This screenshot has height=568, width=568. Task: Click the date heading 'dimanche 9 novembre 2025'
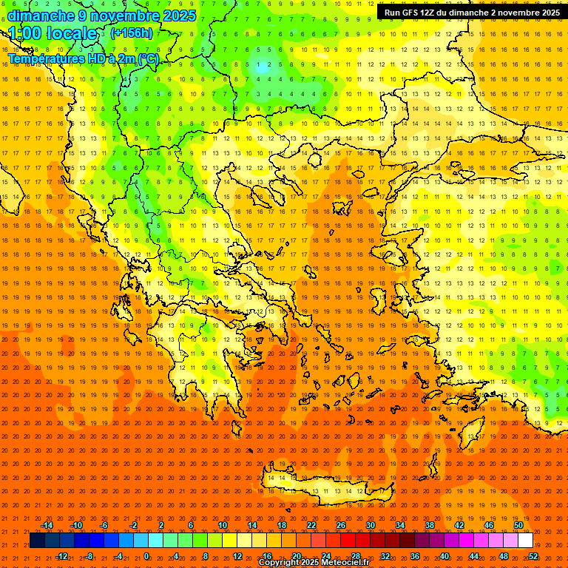pyautogui.click(x=101, y=16)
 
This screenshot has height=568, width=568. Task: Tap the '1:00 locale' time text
pyautogui.click(x=53, y=33)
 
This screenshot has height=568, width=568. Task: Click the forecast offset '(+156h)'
pyautogui.click(x=132, y=33)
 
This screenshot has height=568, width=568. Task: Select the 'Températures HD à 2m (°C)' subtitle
pyautogui.click(x=83, y=58)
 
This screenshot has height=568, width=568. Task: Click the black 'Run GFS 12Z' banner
pyautogui.click(x=471, y=13)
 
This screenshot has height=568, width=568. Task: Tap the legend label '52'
pyautogui.click(x=533, y=556)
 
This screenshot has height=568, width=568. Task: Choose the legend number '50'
pyautogui.click(x=518, y=525)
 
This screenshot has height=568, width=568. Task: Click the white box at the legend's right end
pyautogui.click(x=525, y=541)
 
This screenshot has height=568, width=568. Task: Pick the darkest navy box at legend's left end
pyautogui.click(x=37, y=541)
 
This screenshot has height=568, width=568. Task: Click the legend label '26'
pyautogui.click(x=341, y=525)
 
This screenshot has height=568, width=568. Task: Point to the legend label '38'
pyautogui.click(x=430, y=525)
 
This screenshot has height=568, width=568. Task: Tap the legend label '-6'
pyautogui.click(x=104, y=525)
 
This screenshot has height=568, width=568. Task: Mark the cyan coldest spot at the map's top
pyautogui.click(x=263, y=65)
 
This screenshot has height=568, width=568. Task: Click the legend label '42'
pyautogui.click(x=459, y=525)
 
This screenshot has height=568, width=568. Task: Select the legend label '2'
pyautogui.click(x=161, y=525)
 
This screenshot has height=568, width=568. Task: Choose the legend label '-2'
pyautogui.click(x=134, y=525)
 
